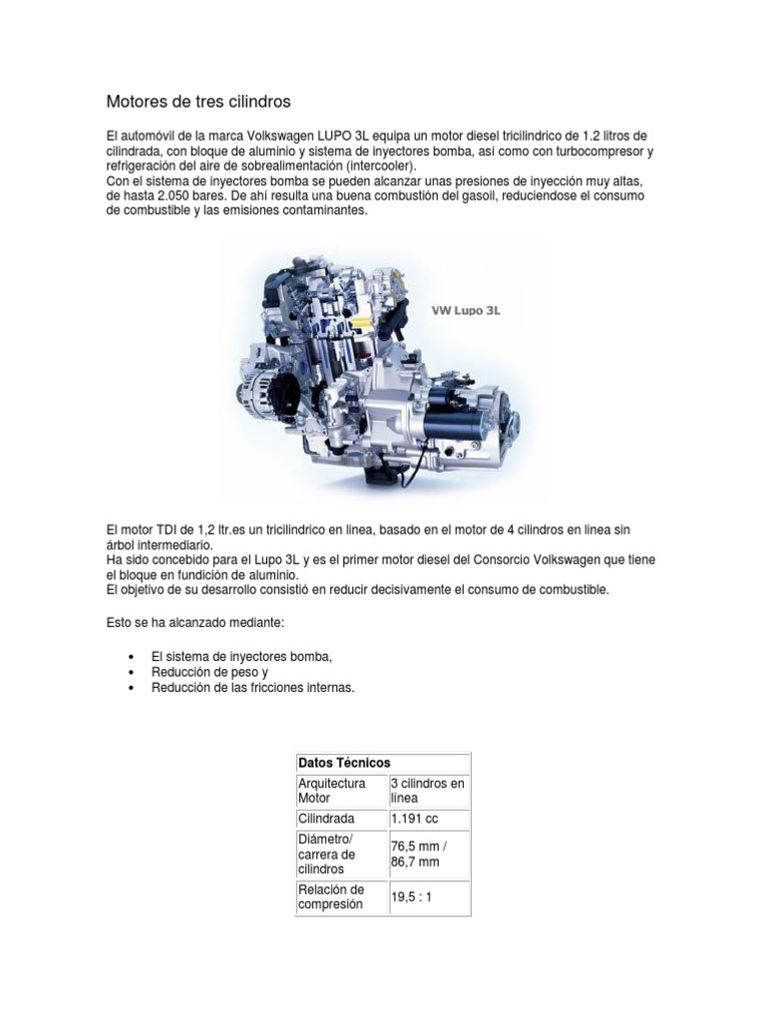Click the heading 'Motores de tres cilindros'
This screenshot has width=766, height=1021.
click(198, 102)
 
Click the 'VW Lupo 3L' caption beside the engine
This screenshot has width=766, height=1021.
click(465, 310)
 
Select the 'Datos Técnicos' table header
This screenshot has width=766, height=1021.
click(344, 763)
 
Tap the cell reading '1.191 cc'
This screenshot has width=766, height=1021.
click(414, 819)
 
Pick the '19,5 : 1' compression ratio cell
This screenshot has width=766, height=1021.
click(413, 897)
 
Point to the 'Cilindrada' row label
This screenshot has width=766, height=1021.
click(326, 819)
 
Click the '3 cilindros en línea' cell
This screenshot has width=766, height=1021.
click(427, 791)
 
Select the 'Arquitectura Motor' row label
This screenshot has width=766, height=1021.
click(332, 791)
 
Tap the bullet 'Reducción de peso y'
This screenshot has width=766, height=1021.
click(210, 672)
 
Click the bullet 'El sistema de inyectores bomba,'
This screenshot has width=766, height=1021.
click(241, 657)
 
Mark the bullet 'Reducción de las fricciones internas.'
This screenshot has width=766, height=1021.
click(253, 688)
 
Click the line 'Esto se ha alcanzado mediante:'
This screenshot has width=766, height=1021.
click(195, 623)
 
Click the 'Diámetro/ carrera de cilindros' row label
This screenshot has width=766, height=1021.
click(327, 854)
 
